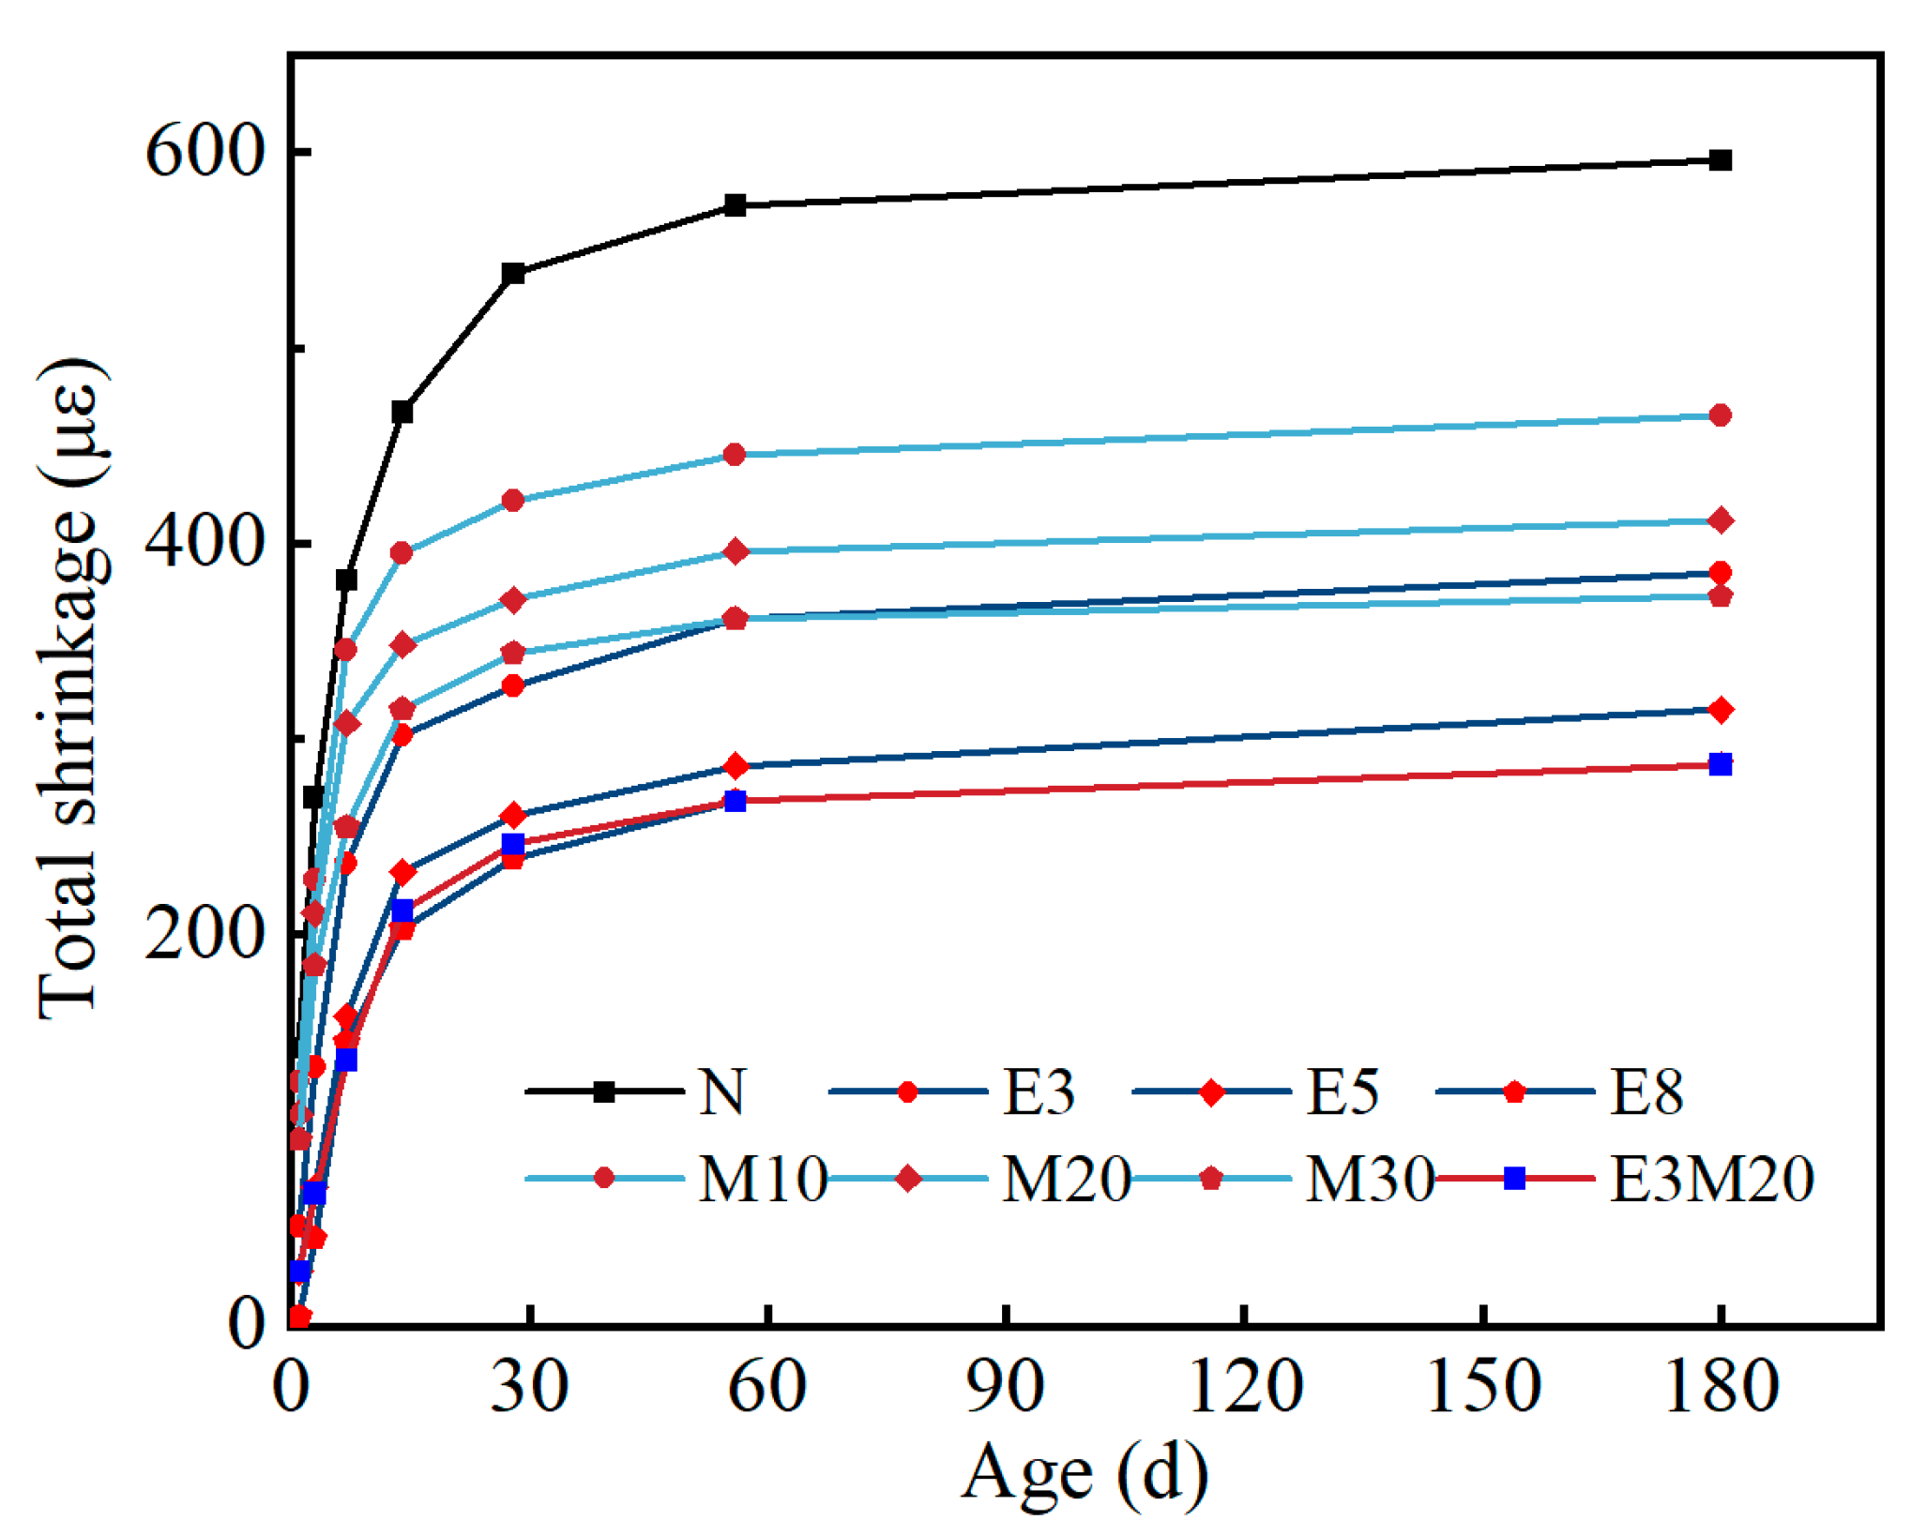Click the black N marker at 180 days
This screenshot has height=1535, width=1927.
click(1720, 160)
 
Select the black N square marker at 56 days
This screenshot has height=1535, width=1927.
click(735, 205)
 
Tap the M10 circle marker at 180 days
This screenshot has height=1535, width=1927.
click(1720, 415)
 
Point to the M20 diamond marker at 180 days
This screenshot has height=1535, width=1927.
click(1720, 520)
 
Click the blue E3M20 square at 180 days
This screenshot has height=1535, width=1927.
click(1720, 764)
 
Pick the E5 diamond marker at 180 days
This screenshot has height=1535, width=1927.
click(1720, 710)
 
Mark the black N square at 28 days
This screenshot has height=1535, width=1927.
click(512, 274)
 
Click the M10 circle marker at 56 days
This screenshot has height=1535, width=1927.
click(735, 455)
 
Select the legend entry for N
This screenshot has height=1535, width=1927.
click(721, 1092)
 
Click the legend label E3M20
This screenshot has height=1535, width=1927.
click(1711, 1179)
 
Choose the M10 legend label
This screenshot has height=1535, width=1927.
click(763, 1179)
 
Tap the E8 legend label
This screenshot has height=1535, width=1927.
click(1646, 1092)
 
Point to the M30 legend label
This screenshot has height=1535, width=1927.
click(1370, 1179)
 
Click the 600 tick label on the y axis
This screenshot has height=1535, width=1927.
click(205, 151)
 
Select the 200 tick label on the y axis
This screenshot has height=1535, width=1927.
click(205, 933)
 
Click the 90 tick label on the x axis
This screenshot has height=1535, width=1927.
click(1005, 1386)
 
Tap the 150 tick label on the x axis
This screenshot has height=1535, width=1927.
click(1483, 1386)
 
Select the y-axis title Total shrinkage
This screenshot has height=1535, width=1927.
click(70, 689)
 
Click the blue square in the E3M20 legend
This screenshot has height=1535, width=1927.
click(1514, 1179)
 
